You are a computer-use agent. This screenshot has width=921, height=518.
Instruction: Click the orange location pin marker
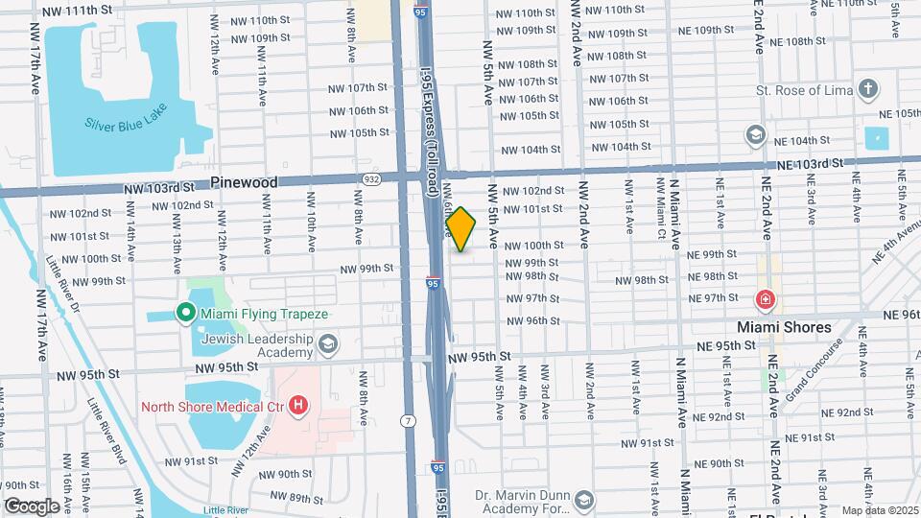[461, 228]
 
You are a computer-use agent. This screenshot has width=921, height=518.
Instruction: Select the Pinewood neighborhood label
[244, 182]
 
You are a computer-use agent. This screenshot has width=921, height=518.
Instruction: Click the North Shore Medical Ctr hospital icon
[298, 406]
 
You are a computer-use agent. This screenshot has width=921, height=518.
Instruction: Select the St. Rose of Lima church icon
[868, 91]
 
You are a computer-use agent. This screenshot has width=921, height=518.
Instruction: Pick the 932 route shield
[371, 178]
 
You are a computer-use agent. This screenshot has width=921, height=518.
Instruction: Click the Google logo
[32, 506]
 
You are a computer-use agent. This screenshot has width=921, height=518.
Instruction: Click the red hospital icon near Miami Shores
[766, 299]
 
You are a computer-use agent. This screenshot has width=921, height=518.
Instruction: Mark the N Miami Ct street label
[662, 218]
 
